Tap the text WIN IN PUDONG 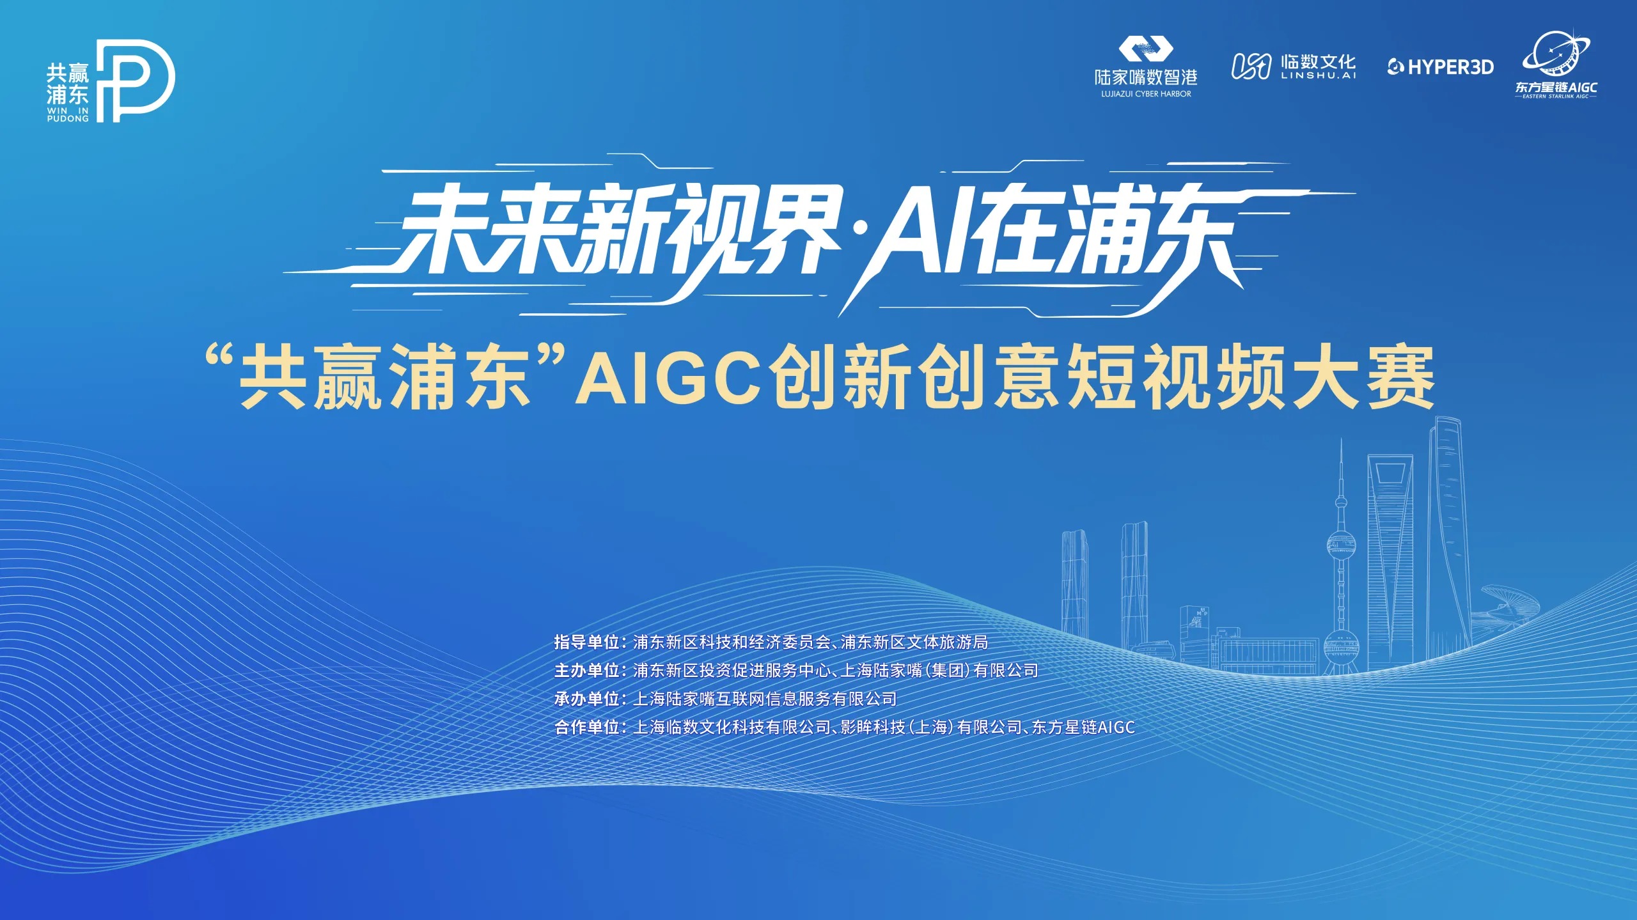[68, 114]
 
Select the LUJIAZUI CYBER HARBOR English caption [1146, 94]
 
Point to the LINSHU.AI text [1318, 75]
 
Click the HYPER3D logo [1440, 66]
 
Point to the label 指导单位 [586, 642]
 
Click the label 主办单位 [586, 670]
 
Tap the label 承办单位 [586, 699]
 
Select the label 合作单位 [586, 727]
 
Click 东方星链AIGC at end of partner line [1083, 727]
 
